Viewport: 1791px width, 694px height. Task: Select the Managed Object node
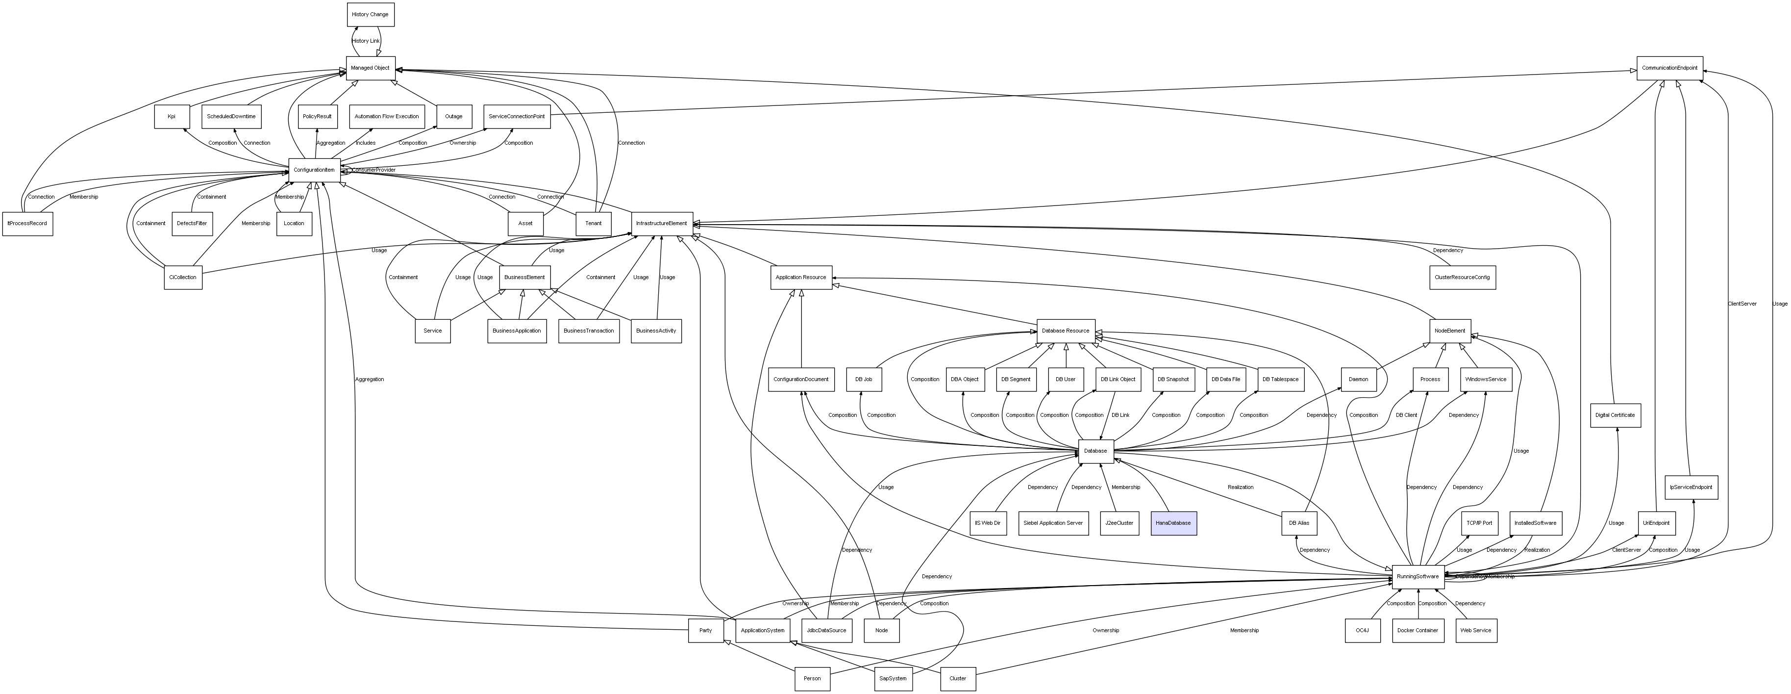pyautogui.click(x=371, y=68)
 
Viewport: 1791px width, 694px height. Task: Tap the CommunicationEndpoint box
pyautogui.click(x=1669, y=68)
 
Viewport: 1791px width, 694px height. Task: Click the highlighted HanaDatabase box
pyautogui.click(x=1173, y=523)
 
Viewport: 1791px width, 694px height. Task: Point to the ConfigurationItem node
pyautogui.click(x=314, y=170)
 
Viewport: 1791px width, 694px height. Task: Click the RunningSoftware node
pyautogui.click(x=1418, y=576)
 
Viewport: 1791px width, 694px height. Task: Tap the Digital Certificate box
pyautogui.click(x=1615, y=415)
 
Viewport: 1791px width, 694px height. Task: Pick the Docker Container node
pyautogui.click(x=1418, y=631)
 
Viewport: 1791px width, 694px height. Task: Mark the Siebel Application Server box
pyautogui.click(x=1053, y=523)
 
